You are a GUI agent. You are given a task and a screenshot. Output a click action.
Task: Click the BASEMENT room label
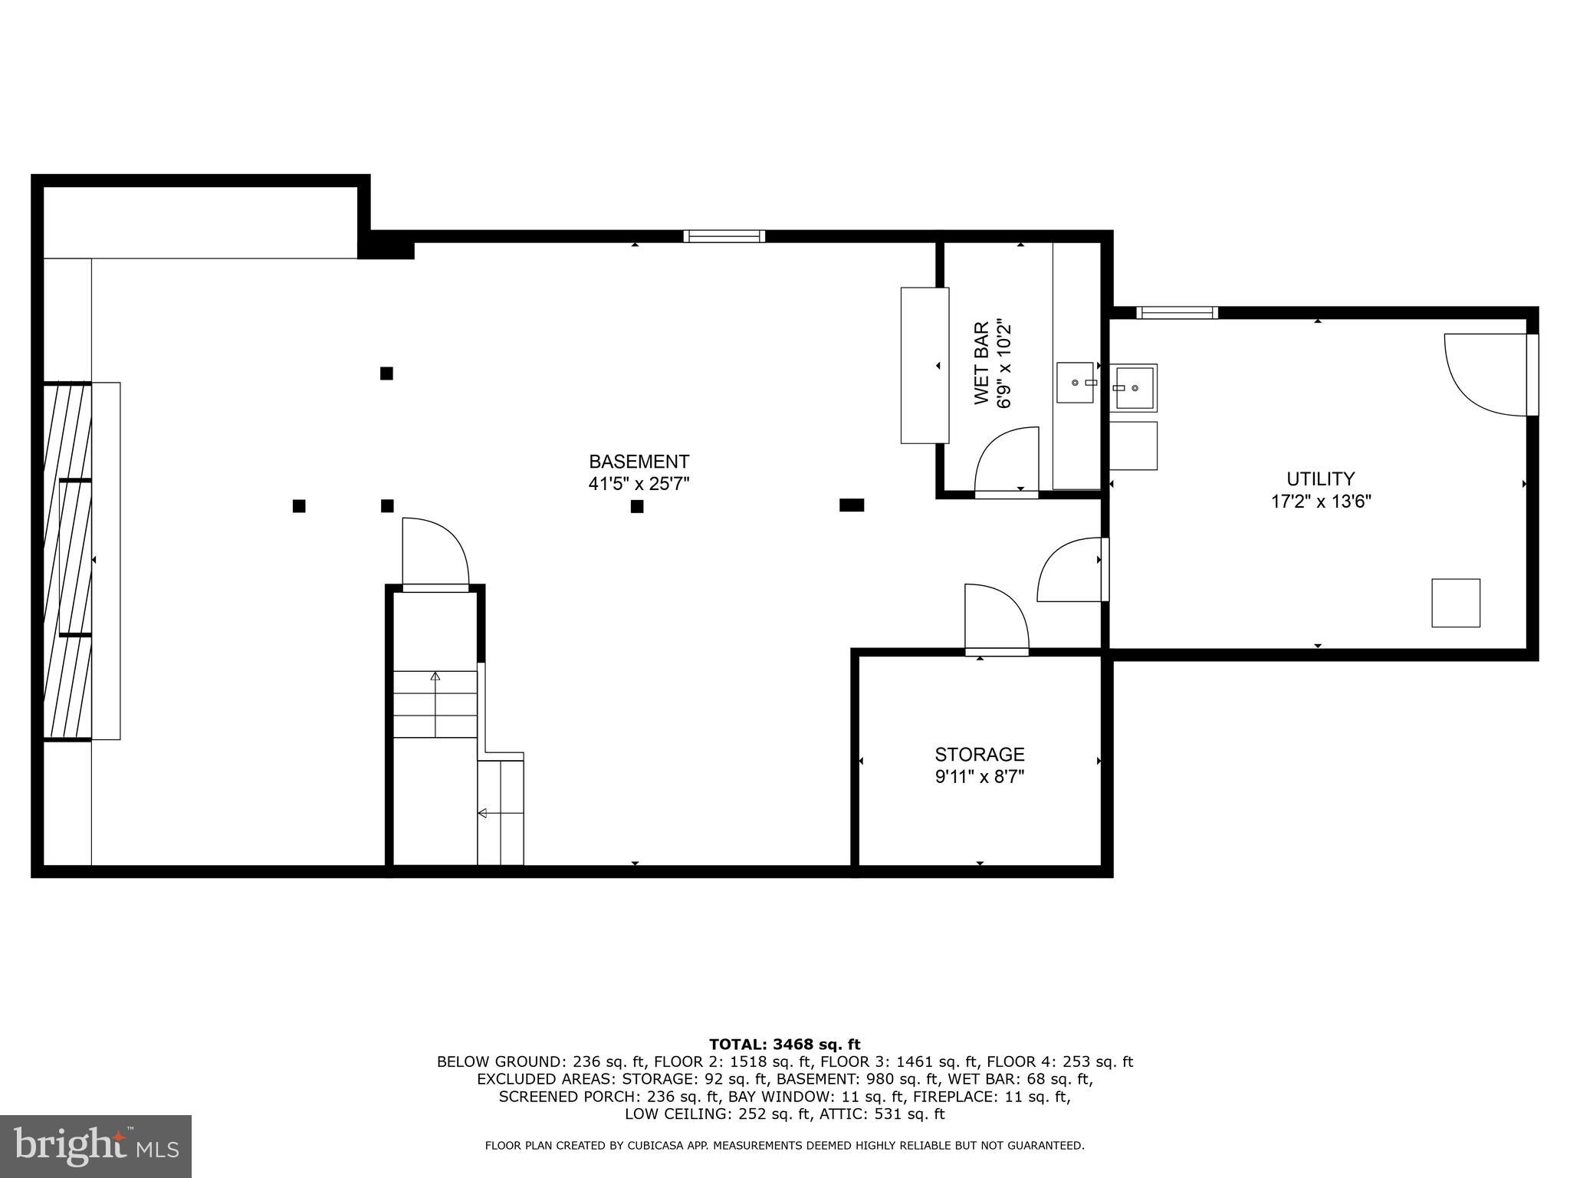639,462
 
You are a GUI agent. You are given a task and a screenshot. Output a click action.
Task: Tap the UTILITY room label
1320,479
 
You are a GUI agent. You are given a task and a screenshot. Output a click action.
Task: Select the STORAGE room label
979,755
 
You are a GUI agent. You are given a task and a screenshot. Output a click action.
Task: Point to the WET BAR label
981,364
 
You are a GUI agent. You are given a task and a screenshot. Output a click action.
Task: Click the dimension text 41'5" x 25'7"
639,484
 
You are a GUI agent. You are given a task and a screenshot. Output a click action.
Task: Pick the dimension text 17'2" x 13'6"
1320,502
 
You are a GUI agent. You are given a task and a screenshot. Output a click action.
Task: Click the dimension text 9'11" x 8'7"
979,777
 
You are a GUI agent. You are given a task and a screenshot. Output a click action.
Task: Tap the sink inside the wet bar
1075,383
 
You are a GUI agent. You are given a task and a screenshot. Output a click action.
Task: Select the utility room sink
1134,388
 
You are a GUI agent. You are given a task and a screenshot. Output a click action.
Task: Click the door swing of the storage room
995,618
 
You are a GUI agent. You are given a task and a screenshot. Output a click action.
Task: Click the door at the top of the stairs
435,552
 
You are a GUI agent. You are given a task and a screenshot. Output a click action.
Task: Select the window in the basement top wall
724,236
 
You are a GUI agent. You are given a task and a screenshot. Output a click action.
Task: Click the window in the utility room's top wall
1176,312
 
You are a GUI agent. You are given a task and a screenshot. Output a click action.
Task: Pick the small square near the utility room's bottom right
1455,603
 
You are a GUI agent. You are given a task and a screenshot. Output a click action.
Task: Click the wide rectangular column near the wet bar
851,505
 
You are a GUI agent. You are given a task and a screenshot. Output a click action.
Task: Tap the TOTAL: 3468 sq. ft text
784,1045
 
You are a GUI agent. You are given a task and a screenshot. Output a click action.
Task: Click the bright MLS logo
96,1146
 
